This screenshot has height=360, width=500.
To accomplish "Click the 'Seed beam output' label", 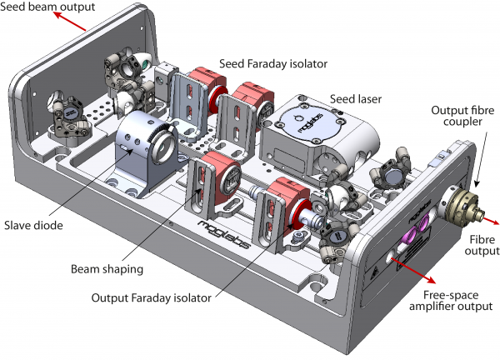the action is [47, 7].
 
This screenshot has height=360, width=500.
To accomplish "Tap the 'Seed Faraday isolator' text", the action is [273, 64].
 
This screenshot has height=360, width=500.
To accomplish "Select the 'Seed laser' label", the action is [356, 99].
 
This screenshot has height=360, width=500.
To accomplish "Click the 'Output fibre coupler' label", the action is [462, 116].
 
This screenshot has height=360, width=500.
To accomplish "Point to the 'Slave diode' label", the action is [33, 226].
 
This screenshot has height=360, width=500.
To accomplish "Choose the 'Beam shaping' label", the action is [107, 269].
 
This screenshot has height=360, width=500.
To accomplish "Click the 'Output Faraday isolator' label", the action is [151, 297].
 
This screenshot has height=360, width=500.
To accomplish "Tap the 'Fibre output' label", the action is [482, 245].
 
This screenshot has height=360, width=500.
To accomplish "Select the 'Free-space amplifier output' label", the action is [451, 301].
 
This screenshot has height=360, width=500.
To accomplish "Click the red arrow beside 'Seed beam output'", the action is [70, 22].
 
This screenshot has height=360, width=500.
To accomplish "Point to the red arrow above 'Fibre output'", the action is [490, 220].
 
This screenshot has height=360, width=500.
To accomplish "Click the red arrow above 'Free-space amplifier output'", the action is [413, 270].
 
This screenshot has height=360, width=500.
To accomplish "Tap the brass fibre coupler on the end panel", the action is [462, 204].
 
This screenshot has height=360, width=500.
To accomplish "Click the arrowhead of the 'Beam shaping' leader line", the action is [199, 192].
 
